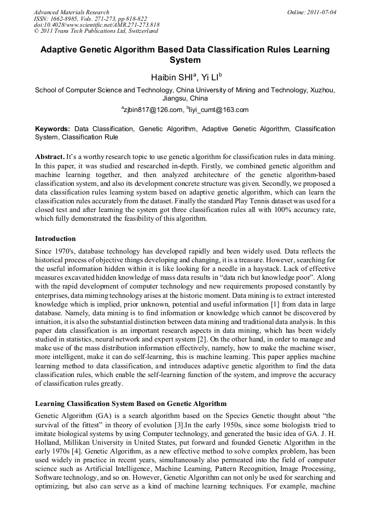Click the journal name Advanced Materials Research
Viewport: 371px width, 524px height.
pyautogui.click(x=71, y=12)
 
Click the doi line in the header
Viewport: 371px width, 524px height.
pyautogui.click(x=96, y=25)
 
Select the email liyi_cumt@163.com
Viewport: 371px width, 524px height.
pyautogui.click(x=219, y=110)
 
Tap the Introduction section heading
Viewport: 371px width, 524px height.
pyautogui.click(x=55, y=239)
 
